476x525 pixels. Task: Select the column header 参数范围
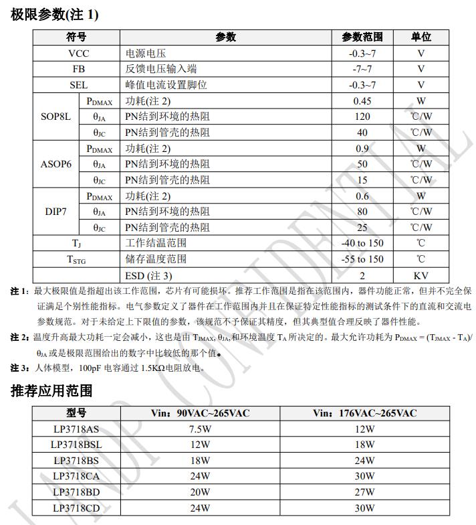point(362,37)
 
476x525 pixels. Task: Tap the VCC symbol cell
point(78,54)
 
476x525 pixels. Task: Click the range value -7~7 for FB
point(362,69)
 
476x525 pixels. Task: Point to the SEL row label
point(78,85)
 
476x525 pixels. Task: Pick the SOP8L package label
point(55,117)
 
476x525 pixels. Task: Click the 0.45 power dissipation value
point(362,101)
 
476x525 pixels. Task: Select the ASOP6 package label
point(55,164)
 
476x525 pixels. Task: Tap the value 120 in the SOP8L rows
point(362,117)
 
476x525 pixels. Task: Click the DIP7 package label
point(55,212)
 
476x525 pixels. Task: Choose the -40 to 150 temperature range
point(362,243)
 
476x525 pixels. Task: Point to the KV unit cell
point(421,275)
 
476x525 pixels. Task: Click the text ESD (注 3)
point(148,275)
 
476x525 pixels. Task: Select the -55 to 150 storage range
point(362,259)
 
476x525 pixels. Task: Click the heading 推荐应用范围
point(51,390)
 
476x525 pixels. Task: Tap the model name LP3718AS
point(76,429)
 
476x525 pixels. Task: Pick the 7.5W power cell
point(200,429)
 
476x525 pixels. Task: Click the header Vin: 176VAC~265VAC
point(364,413)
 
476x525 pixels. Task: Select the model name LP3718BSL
point(76,445)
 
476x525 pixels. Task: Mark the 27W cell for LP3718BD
point(364,492)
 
